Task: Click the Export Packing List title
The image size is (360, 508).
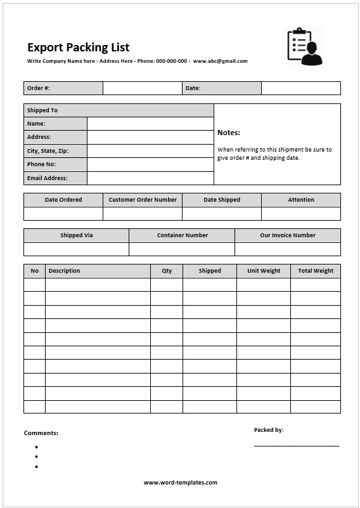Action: (x=78, y=48)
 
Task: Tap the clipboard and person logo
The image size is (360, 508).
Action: (x=304, y=46)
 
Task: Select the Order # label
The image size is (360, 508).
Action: (x=39, y=88)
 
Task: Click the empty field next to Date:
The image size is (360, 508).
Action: (x=300, y=88)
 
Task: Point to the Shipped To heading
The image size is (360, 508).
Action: (x=42, y=110)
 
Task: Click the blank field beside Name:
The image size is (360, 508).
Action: (x=150, y=124)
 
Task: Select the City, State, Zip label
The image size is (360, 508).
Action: (x=48, y=151)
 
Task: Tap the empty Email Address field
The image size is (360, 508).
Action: (x=150, y=178)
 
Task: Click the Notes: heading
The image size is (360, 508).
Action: (x=229, y=133)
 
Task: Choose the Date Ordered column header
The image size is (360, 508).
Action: (x=63, y=200)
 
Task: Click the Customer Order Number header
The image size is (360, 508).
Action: (x=143, y=200)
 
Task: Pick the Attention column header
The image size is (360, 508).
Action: (x=301, y=200)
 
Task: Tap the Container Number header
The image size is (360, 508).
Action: (x=183, y=235)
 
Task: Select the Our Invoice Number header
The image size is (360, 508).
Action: (x=288, y=235)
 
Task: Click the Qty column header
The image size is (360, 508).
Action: (x=167, y=271)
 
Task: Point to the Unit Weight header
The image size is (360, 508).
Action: (x=264, y=271)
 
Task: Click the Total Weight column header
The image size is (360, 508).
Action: (x=316, y=271)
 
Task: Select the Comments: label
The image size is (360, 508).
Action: (x=41, y=433)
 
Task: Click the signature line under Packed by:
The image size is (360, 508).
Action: (x=297, y=445)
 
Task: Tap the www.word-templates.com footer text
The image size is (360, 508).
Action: (x=181, y=483)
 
